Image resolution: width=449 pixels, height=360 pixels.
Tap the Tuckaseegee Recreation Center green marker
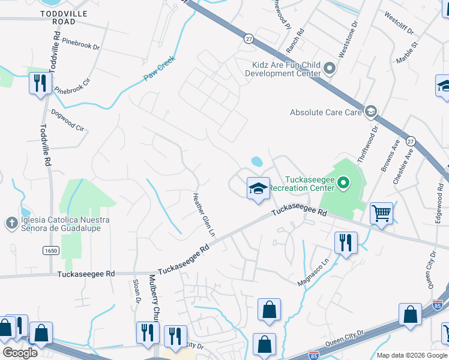(343, 181)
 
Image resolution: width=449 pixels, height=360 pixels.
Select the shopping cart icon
(381, 214)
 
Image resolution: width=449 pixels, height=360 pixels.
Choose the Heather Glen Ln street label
(203, 214)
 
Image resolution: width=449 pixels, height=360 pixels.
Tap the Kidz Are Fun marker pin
(329, 68)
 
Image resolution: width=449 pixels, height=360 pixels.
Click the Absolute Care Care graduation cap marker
(371, 112)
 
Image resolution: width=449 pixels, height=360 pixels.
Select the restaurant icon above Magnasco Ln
(345, 243)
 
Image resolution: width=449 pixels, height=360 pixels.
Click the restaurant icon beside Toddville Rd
(40, 83)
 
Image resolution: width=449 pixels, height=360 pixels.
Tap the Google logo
(20, 353)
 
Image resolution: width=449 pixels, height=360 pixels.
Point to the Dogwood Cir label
(67, 119)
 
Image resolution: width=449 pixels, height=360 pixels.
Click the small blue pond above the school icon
(257, 161)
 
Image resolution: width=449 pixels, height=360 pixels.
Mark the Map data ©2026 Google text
(412, 355)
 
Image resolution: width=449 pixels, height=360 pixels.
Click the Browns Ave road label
(388, 157)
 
